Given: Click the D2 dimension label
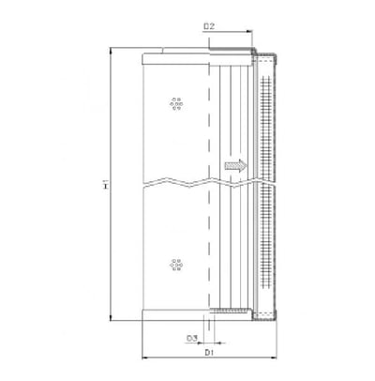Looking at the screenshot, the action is tap(209, 26).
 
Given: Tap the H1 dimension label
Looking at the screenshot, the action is tap(106, 184).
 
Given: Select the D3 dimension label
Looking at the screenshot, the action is tap(192, 338).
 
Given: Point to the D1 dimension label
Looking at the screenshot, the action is tap(209, 353).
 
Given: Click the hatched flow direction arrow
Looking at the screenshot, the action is tap(236, 165).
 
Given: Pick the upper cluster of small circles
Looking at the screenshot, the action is tap(176, 103).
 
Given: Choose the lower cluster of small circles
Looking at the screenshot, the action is tap(176, 265).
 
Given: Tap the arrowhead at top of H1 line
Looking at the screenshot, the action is tap(111, 50).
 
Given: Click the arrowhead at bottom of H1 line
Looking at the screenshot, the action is tap(111, 317).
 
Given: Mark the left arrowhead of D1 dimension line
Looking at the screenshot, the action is tap(145, 358).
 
